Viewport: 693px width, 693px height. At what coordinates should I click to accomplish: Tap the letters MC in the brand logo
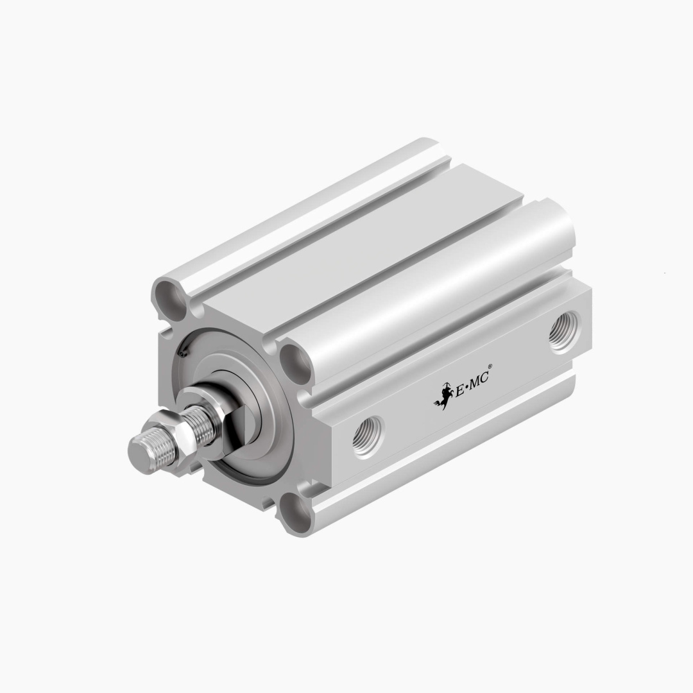tap(478, 380)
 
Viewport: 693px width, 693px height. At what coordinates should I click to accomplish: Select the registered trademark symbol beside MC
tap(490, 366)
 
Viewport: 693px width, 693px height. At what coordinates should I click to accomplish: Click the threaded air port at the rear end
tap(565, 332)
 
